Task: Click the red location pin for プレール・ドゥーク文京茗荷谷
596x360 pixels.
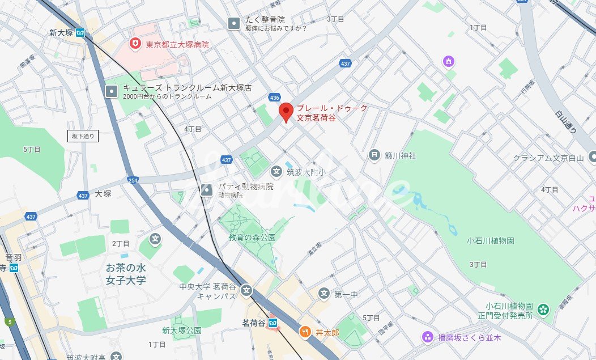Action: click(x=287, y=112)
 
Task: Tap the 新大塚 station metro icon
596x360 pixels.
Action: click(x=80, y=33)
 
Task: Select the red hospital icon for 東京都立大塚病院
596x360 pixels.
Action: click(x=135, y=44)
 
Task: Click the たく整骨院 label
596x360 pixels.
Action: click(x=265, y=20)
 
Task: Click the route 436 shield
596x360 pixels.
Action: click(x=275, y=98)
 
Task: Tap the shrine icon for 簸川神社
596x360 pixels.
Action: click(x=374, y=155)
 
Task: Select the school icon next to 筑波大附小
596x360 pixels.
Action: click(x=276, y=171)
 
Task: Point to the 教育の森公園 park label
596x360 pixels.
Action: click(x=252, y=238)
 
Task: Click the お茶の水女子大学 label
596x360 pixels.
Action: click(x=126, y=273)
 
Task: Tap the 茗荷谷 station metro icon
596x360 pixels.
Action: click(x=273, y=323)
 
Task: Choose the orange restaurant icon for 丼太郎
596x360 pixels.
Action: click(x=305, y=332)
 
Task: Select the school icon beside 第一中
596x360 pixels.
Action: click(x=324, y=294)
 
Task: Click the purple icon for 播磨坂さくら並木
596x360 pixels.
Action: click(x=427, y=337)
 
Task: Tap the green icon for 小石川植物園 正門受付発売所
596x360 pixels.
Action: click(x=543, y=310)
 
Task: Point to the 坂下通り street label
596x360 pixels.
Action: click(x=83, y=135)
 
